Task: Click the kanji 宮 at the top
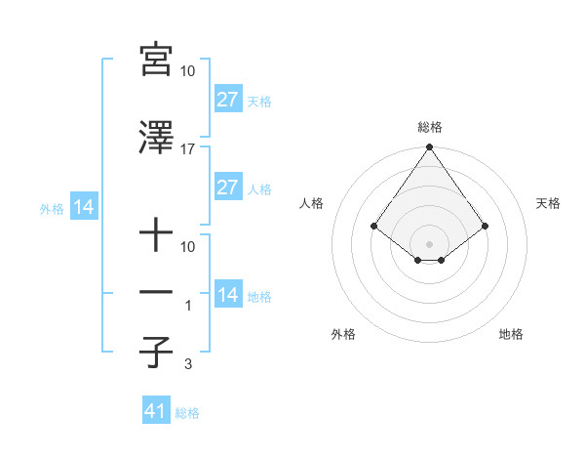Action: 156,61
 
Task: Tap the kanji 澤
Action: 156,138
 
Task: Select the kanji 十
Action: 156,236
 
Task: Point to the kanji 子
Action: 156,353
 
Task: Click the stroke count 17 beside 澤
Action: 188,148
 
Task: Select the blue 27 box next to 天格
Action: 228,100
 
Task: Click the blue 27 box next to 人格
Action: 228,188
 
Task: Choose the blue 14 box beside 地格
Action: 228,295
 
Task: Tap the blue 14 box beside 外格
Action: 83,207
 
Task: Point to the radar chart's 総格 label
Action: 429,127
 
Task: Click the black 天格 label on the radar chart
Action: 548,203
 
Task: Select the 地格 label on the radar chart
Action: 511,334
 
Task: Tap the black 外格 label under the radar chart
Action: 343,334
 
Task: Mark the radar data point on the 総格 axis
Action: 429,148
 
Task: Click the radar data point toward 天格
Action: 486,226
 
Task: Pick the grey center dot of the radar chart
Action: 429,243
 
